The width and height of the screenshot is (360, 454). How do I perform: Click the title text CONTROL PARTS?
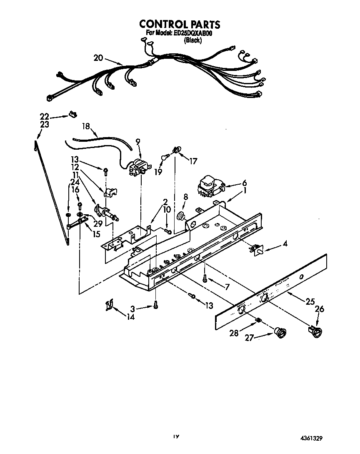click(x=180, y=24)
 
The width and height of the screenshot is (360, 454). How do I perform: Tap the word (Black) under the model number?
click(x=193, y=40)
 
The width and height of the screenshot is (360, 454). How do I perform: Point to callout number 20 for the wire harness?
click(x=98, y=58)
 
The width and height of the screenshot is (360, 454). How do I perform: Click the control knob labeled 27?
click(x=281, y=332)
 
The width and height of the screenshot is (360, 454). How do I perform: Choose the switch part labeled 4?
click(x=254, y=249)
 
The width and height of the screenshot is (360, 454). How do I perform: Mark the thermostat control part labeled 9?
click(x=138, y=168)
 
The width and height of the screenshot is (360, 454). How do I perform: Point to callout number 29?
click(x=98, y=224)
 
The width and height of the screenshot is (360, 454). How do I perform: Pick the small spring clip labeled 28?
click(x=258, y=320)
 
